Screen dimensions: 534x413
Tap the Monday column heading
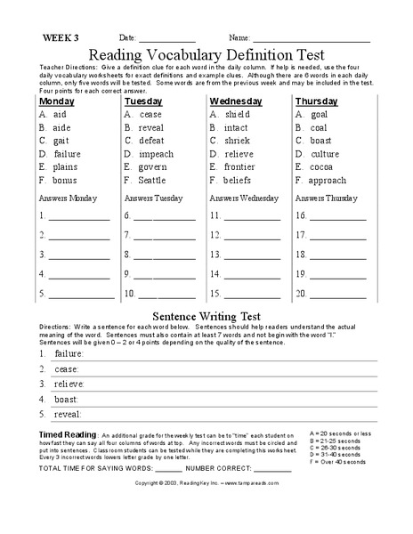click(57, 101)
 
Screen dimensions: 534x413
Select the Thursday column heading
click(316, 101)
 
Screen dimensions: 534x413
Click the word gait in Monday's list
click(62, 141)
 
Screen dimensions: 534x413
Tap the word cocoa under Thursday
click(323, 166)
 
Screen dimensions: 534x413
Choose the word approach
click(329, 180)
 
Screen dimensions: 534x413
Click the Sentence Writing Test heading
click(206, 315)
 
